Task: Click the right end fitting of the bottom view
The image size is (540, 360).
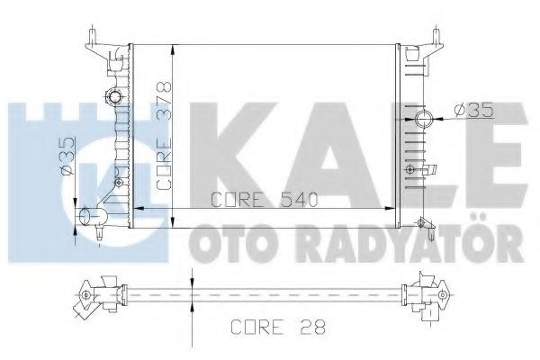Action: (x=430, y=292)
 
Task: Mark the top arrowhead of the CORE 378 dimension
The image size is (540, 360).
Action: (x=172, y=45)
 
